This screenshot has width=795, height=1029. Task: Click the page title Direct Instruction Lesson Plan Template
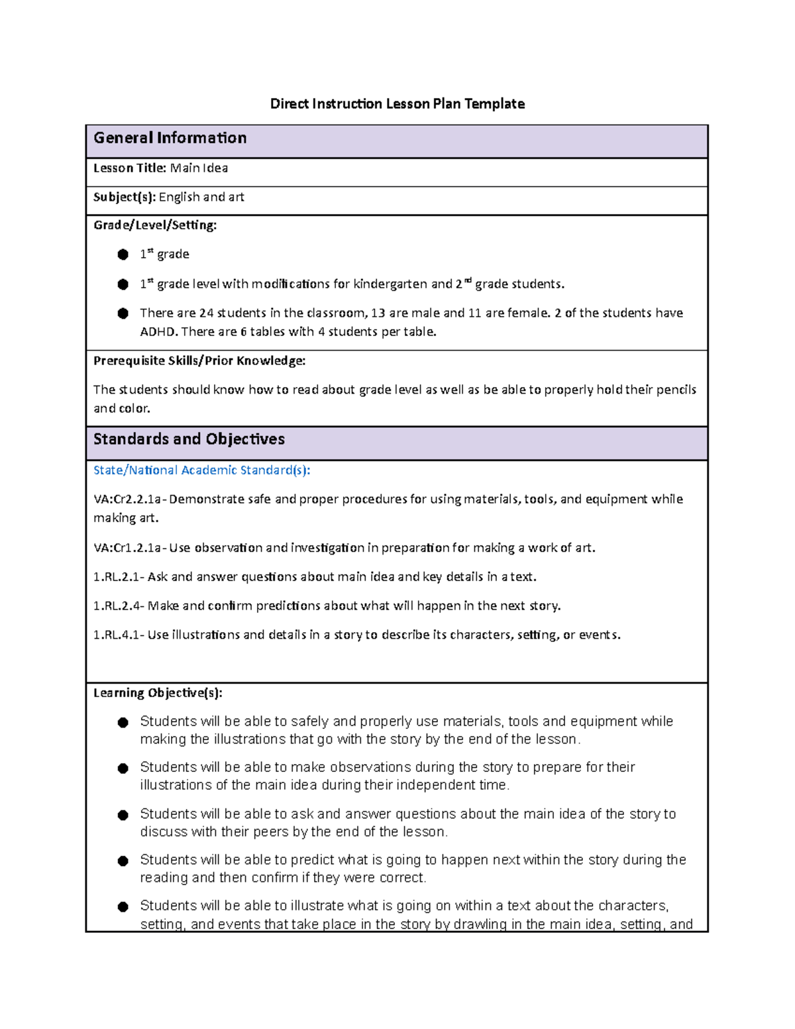(397, 104)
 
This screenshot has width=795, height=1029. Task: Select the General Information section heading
(170, 138)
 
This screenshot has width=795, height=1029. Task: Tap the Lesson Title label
(129, 168)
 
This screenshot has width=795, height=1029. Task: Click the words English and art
(201, 197)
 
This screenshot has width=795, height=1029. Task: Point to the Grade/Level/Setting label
(154, 225)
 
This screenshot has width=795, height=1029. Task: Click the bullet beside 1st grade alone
(123, 254)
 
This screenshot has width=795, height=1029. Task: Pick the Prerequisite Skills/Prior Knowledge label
(199, 361)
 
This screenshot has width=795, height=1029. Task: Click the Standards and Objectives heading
(189, 439)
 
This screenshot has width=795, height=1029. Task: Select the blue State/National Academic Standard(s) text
(201, 470)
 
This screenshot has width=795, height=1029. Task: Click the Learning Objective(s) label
(158, 693)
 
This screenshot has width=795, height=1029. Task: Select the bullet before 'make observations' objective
(123, 769)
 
